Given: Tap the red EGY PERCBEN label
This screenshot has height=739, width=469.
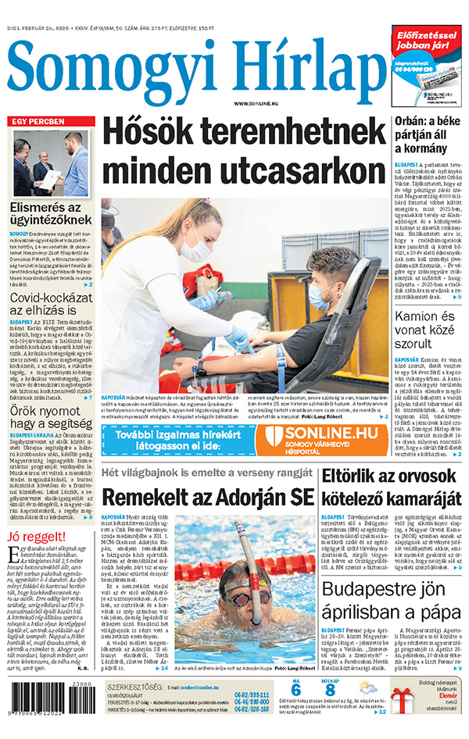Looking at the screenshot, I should point(38,122).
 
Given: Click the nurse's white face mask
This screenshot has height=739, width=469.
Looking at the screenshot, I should point(195,249).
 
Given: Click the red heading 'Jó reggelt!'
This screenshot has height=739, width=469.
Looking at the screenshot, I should point(37,537).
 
